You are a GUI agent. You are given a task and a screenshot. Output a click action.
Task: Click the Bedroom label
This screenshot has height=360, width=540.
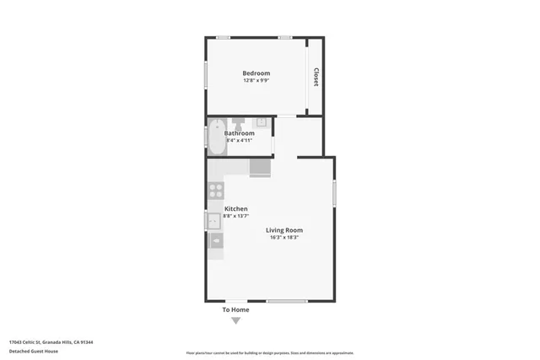tap(256, 73)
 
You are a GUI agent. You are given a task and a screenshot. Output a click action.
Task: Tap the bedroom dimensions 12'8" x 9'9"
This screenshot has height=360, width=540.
tap(256, 81)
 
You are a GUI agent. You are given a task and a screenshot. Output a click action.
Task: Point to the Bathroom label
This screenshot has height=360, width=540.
tap(240, 133)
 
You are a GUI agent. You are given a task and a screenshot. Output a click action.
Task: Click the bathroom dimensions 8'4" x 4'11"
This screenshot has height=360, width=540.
tap(240, 140)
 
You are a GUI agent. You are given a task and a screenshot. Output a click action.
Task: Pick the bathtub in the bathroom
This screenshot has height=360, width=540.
tap(216, 138)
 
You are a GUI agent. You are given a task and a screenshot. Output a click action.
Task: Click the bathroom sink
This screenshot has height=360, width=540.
tap(262, 122)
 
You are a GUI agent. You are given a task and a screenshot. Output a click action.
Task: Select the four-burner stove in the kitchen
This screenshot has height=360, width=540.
tap(215, 191)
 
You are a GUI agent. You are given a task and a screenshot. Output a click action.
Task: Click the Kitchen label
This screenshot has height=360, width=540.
tap(235, 208)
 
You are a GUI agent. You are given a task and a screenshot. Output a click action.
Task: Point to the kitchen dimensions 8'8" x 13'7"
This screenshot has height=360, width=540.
tap(235, 216)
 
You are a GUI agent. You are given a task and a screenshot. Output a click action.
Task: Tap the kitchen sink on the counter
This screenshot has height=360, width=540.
tap(214, 221)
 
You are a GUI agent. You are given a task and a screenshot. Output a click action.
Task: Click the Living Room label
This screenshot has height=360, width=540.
tap(284, 230)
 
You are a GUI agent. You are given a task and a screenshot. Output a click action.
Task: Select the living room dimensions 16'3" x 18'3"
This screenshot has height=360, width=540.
tap(284, 238)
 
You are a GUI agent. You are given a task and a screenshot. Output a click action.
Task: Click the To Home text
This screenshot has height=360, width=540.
tap(235, 309)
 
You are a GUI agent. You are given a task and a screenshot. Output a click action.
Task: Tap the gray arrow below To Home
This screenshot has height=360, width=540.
tap(235, 320)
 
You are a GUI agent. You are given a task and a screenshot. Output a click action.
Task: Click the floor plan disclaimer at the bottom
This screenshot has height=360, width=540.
tap(269, 353)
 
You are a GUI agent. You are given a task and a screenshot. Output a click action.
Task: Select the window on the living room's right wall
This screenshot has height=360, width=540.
tap(334, 193)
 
